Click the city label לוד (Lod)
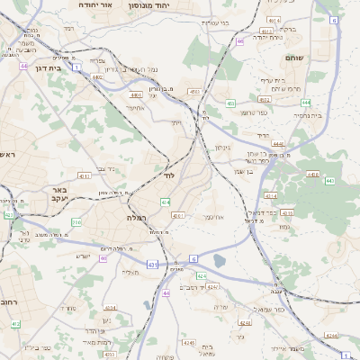tap(168, 175)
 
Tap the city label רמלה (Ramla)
tap(138, 218)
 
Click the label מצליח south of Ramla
tap(133, 272)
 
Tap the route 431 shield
tap(153, 265)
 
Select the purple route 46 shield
tap(240, 41)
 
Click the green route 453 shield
tap(231, 103)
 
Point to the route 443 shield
tap(329, 182)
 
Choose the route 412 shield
tap(15, 310)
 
